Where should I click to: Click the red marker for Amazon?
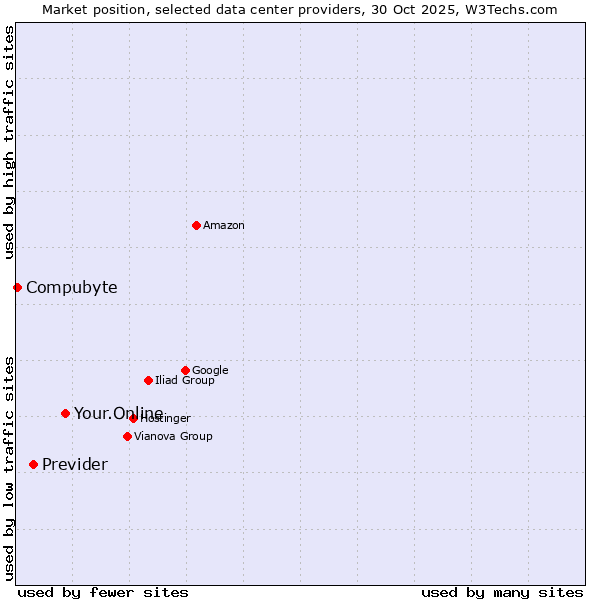pyautogui.click(x=196, y=225)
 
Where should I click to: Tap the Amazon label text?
pyautogui.click(x=224, y=226)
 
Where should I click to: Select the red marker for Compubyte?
pyautogui.click(x=17, y=287)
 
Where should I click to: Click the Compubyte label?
pyautogui.click(x=71, y=288)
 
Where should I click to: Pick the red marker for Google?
pyautogui.click(x=185, y=370)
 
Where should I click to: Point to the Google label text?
pyautogui.click(x=210, y=371)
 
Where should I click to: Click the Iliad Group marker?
pyautogui.click(x=148, y=380)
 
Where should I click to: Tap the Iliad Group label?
pyautogui.click(x=185, y=381)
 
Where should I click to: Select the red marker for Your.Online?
pyautogui.click(x=65, y=413)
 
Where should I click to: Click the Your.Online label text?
pyautogui.click(x=118, y=414)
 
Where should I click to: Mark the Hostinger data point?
pyautogui.click(x=133, y=418)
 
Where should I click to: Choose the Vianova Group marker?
pyautogui.click(x=127, y=436)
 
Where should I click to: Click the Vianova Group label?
pyautogui.click(x=173, y=437)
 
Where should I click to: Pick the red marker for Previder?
pyautogui.click(x=33, y=464)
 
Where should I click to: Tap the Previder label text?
pyautogui.click(x=75, y=465)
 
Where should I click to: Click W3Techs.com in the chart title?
pyautogui.click(x=511, y=9)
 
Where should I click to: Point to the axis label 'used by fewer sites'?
pyautogui.click(x=103, y=592)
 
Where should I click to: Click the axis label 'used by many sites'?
pyautogui.click(x=502, y=592)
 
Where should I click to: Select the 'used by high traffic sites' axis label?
pyautogui.click(x=10, y=142)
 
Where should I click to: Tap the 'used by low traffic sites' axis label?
pyautogui.click(x=10, y=468)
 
